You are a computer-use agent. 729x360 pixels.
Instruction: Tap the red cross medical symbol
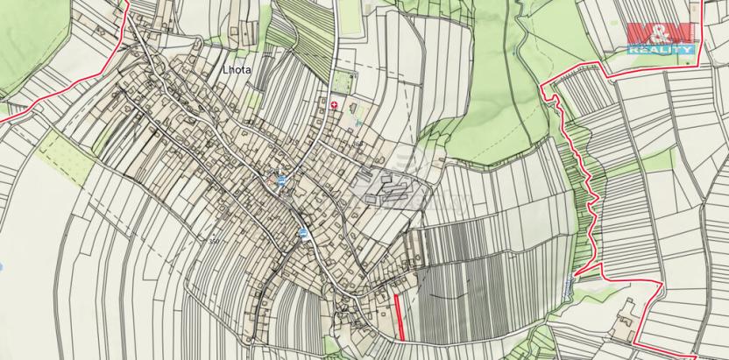pos(334,104)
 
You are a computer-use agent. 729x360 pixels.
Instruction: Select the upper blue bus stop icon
pos(280,180)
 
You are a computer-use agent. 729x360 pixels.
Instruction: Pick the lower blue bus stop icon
pos(302,232)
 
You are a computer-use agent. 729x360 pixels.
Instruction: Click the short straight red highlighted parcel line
pos(399,316)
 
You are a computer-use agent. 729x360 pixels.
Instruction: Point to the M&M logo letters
pos(661,35)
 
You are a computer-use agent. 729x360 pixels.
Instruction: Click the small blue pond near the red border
pos(571,284)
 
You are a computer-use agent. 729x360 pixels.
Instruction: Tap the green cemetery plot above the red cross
pos(343,84)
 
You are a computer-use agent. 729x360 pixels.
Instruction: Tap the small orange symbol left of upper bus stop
pos(269,180)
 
